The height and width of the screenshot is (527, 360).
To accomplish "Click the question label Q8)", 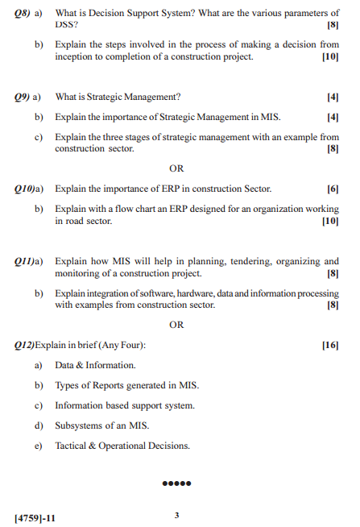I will (27, 14).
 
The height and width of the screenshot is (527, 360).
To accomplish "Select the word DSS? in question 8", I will (67, 25).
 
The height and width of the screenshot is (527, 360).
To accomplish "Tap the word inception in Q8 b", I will (75, 56).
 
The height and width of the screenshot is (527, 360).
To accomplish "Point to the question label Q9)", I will (27, 98).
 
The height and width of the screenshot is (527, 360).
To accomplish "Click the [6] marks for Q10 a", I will (333, 189).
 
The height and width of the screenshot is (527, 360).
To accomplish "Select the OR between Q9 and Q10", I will (176, 168).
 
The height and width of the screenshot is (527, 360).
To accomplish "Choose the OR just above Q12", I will (176, 325).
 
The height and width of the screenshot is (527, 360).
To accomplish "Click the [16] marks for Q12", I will (330, 346).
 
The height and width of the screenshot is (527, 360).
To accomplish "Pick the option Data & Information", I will (94, 365).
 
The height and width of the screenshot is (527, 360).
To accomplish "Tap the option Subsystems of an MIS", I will (102, 425).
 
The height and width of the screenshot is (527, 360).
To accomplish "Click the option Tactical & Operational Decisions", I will (122, 446).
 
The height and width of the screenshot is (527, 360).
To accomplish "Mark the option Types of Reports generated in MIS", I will (126, 385).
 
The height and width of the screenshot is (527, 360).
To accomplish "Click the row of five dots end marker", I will (176, 484).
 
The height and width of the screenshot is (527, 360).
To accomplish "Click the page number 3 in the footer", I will (176, 514).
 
